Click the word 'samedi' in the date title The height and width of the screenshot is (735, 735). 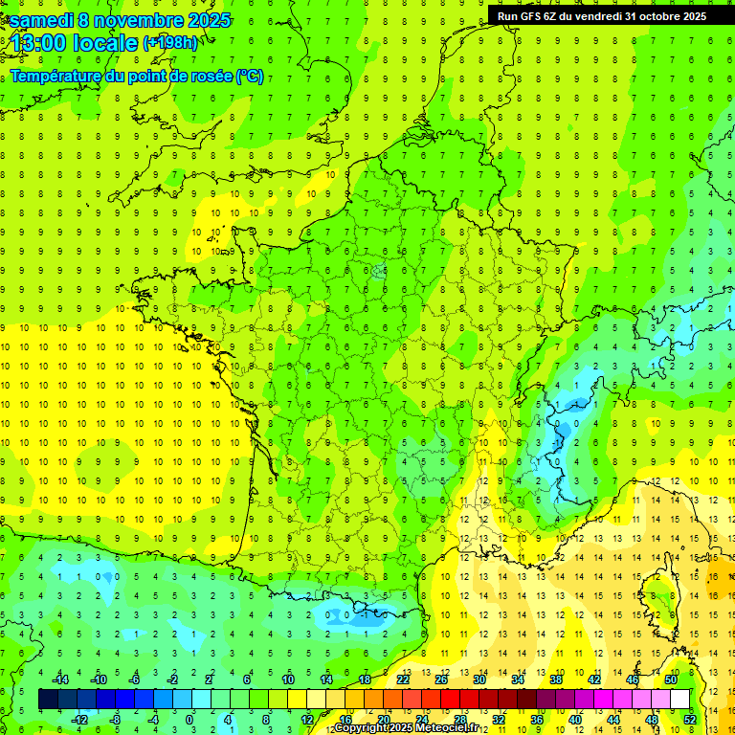42,20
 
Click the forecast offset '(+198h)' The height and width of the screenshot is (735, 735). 173,43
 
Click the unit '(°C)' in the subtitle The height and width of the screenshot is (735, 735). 250,77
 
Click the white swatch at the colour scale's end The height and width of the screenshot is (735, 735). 679,700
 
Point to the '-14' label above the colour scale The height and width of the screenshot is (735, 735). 61,679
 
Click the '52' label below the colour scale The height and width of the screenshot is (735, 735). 689,720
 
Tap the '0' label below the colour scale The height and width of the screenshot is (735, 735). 189,720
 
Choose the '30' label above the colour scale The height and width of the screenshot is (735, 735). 479,679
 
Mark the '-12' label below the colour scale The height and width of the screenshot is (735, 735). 79,720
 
